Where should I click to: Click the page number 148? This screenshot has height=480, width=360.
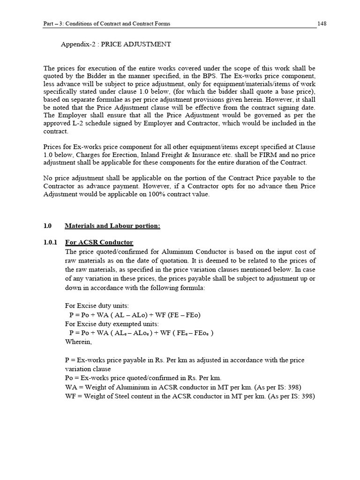(x=322, y=23)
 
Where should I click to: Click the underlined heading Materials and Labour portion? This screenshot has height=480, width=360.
(x=112, y=226)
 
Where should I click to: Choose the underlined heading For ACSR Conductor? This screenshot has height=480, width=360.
(x=99, y=242)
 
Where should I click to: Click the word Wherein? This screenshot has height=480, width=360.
(x=79, y=342)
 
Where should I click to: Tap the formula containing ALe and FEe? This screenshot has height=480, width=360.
(x=141, y=333)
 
